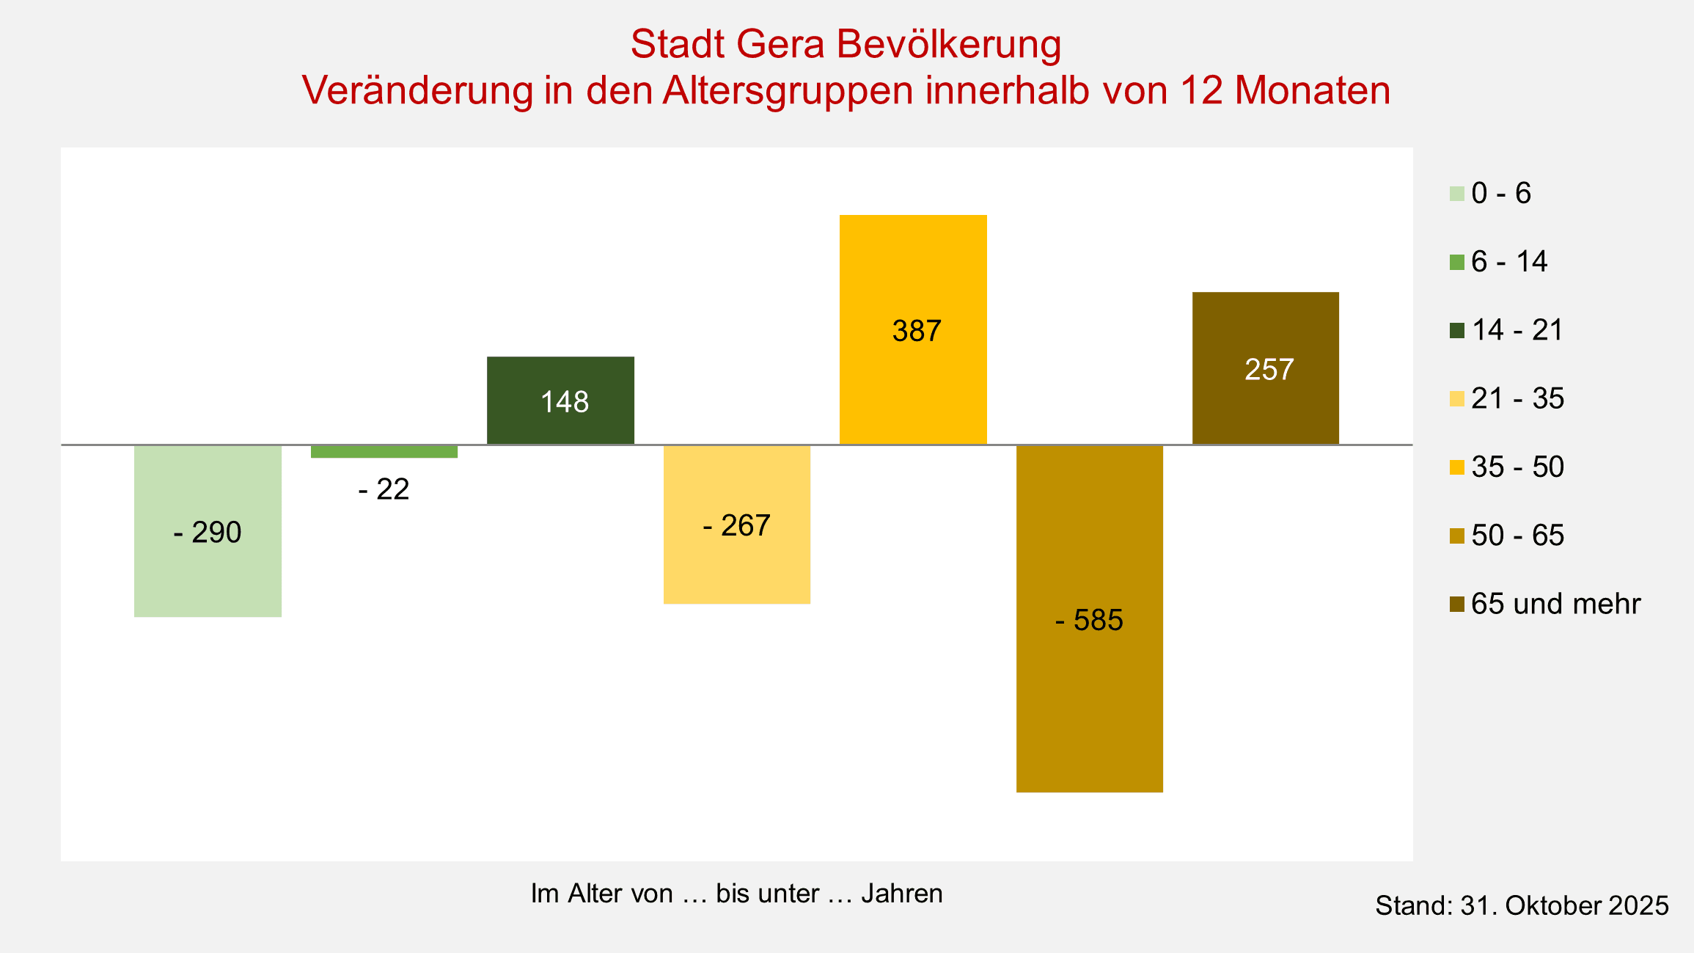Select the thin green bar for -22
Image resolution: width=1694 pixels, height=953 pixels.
pos(384,452)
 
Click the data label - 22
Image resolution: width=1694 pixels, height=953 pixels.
pos(384,489)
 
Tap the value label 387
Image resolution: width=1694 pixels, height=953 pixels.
pos(916,332)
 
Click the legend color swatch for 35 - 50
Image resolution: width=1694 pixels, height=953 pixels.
pos(1456,467)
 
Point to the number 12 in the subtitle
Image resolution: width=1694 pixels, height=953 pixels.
pos(1201,91)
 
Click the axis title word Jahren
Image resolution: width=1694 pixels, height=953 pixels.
pos(901,894)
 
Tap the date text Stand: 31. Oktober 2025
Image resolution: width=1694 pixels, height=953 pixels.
pos(1522,906)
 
